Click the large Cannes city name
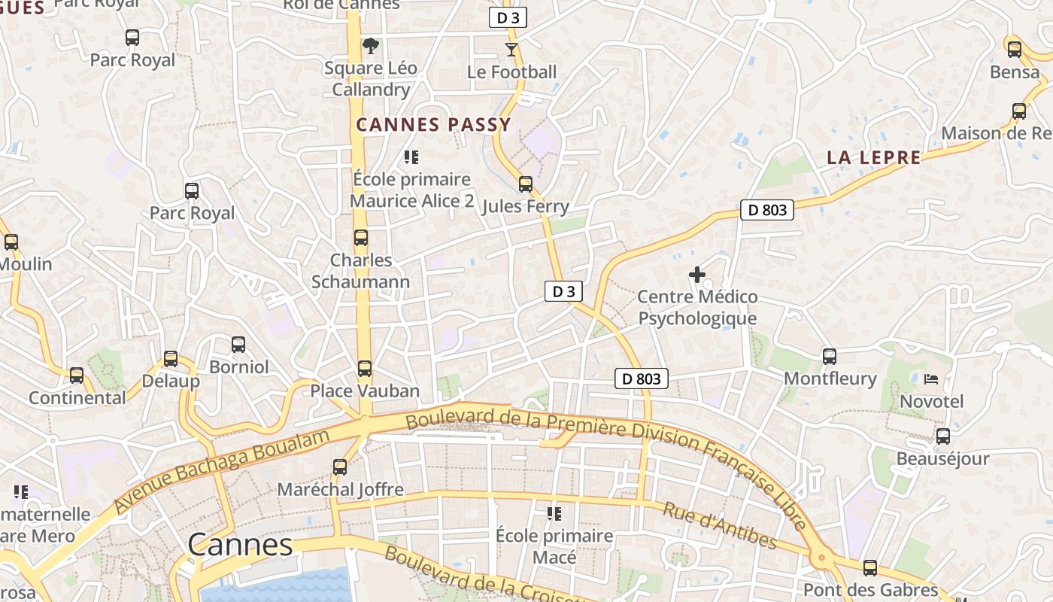(x=240, y=545)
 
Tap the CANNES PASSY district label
(x=433, y=125)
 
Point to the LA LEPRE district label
(x=873, y=157)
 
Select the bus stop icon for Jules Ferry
(x=526, y=184)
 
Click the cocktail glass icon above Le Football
(x=511, y=50)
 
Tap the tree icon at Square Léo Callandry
(x=370, y=46)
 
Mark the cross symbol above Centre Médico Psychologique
(x=697, y=275)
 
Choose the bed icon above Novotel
(x=931, y=379)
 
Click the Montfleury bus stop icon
(x=830, y=357)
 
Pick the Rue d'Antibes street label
(x=719, y=525)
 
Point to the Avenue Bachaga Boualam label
(x=222, y=471)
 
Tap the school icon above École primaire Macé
(x=554, y=514)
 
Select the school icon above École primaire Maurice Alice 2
(x=411, y=157)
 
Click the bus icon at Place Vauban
(x=365, y=369)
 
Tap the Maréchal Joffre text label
(x=340, y=490)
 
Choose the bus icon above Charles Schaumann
(x=361, y=238)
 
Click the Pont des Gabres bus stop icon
(x=870, y=568)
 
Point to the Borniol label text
(x=238, y=367)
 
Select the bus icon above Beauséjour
(x=942, y=436)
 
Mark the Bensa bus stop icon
(x=1015, y=50)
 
